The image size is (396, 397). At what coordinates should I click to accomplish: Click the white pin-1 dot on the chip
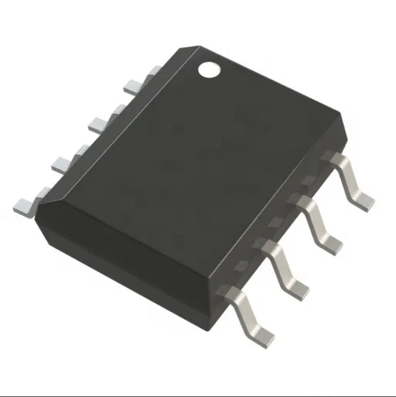(209, 69)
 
